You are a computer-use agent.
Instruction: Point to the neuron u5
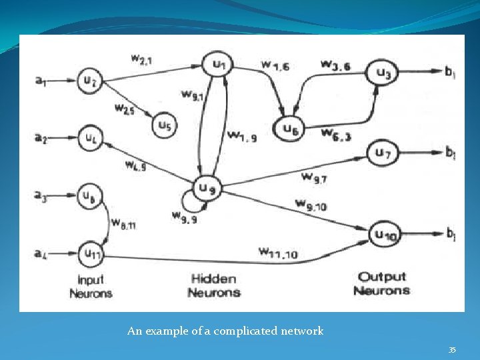point(163,124)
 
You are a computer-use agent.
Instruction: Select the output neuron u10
point(383,233)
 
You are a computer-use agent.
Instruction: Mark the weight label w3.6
point(335,64)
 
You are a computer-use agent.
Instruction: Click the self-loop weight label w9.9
point(183,215)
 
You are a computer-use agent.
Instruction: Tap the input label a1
point(41,81)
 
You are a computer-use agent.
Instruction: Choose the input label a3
point(41,195)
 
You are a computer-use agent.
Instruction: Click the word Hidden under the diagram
point(213,279)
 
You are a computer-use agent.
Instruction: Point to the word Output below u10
point(382,277)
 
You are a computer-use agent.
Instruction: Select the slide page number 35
point(452,350)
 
